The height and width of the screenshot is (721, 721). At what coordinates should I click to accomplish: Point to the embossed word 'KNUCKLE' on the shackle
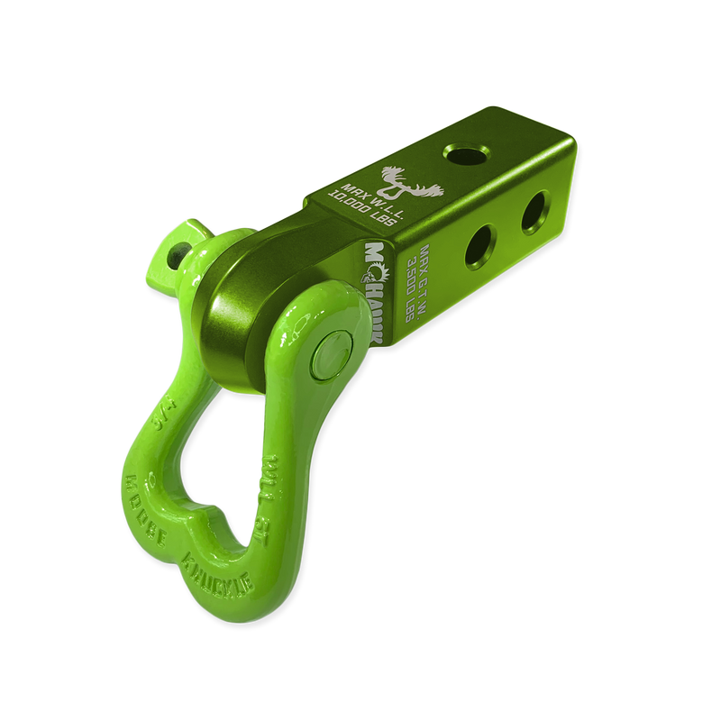coord(221,575)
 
